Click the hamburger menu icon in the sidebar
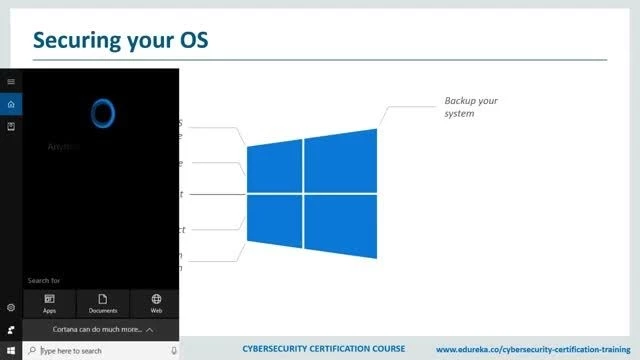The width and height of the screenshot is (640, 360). click(11, 81)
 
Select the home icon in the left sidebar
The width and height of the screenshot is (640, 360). click(11, 104)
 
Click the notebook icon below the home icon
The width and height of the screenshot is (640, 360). click(11, 127)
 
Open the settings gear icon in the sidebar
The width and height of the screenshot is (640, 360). click(11, 307)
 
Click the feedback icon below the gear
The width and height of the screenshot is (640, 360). click(11, 329)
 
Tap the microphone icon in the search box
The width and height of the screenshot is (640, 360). click(171, 351)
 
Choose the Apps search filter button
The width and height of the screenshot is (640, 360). click(49, 303)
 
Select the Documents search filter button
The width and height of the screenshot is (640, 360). click(103, 303)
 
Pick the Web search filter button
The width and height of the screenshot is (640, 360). click(156, 303)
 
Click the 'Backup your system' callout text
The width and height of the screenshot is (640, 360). click(471, 107)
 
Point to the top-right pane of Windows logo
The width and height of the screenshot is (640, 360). click(341, 160)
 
